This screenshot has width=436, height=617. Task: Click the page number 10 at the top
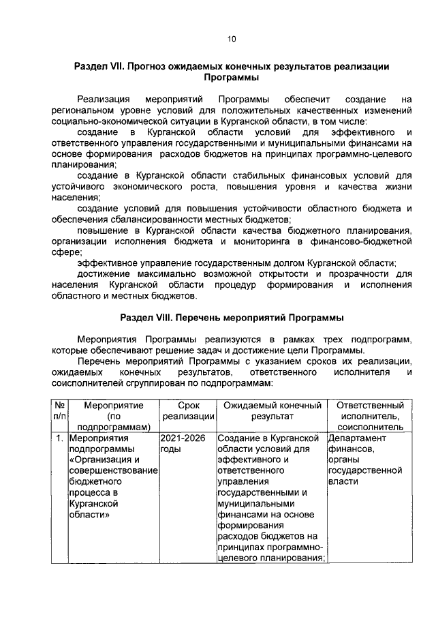click(232, 40)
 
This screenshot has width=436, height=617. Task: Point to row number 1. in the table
click(60, 438)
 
